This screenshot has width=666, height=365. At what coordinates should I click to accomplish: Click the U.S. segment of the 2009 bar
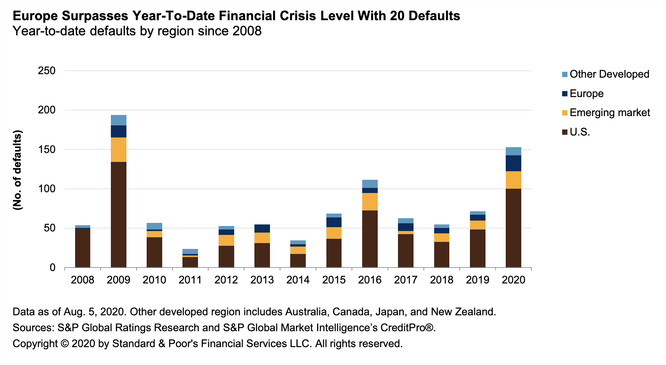coord(118,214)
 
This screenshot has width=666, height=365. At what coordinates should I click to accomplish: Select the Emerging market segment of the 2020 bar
coord(513,180)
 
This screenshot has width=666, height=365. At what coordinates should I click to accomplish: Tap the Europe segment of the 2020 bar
coord(513,163)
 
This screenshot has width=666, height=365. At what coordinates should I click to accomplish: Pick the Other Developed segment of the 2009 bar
coord(118,120)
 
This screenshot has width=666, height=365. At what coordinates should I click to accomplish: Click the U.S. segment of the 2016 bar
coord(370,239)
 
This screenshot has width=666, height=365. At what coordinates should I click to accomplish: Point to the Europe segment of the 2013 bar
coord(262,228)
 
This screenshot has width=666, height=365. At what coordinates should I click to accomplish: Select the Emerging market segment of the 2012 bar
coord(226,240)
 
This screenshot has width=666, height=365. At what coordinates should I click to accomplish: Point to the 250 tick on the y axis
coord(47,71)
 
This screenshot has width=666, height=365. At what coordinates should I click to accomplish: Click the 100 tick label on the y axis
coord(47,189)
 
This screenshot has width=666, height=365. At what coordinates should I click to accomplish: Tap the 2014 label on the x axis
coord(298,280)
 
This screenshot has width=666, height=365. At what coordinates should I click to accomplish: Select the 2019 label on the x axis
coord(477,280)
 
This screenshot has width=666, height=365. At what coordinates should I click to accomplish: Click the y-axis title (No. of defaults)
coord(18,170)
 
